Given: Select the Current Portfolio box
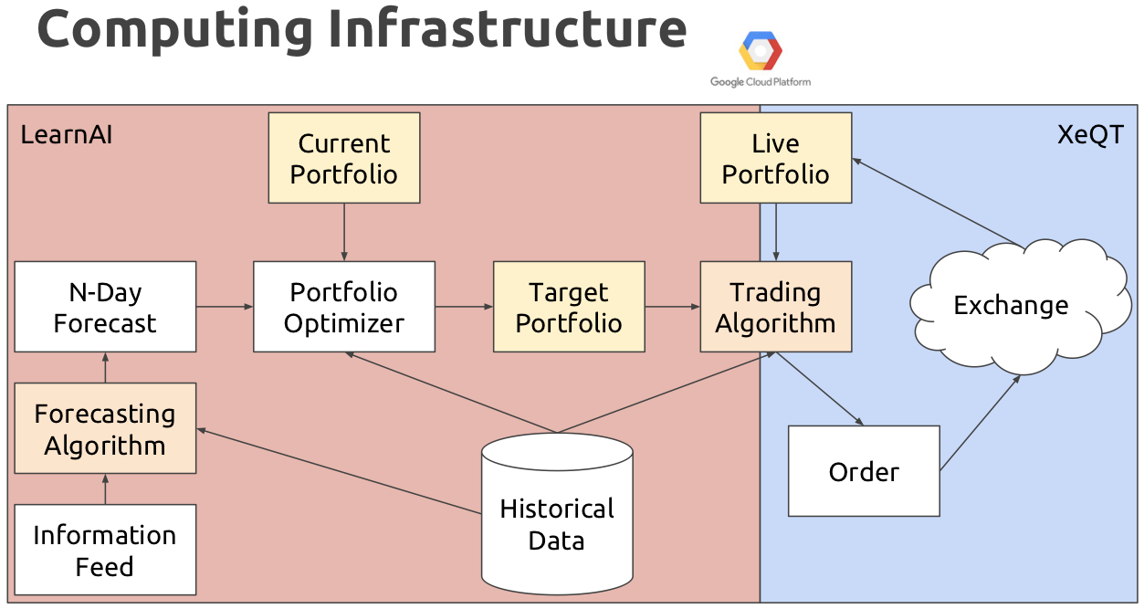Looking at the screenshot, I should pos(344,158).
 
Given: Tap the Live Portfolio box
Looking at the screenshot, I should pos(775,158).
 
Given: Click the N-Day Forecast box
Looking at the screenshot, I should pos(105,307).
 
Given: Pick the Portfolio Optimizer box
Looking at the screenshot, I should pos(344,307).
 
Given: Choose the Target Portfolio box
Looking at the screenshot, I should pos(569,307).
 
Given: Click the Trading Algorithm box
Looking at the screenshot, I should pos(775,307).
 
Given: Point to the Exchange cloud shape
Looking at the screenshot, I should pos(1011,305).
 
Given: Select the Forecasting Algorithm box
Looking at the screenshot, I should pos(105,428).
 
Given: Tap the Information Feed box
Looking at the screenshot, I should pos(105,550).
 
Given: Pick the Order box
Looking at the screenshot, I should pos(864,471).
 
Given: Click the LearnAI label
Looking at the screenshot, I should pos(67,135).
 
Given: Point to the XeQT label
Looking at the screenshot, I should pos(1089,135).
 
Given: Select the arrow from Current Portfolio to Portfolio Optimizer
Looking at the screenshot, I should pos(344,232).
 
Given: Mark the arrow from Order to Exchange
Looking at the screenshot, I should pos(980,423).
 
